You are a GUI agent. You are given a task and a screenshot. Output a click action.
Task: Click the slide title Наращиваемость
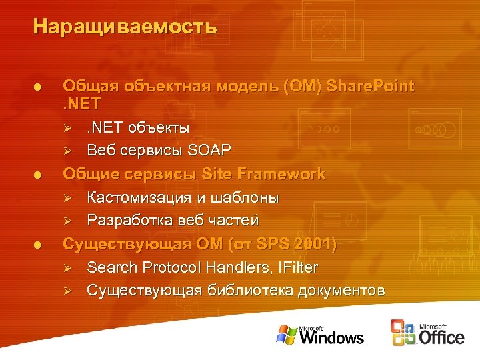[125, 27]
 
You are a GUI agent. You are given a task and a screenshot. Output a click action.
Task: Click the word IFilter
[296, 267]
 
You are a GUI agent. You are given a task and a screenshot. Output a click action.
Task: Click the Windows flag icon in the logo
[287, 334]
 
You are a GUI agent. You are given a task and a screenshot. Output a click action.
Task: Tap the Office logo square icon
[404, 333]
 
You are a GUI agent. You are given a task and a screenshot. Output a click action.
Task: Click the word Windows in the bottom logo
[332, 338]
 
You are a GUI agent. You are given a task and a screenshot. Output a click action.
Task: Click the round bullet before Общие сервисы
[39, 175]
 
